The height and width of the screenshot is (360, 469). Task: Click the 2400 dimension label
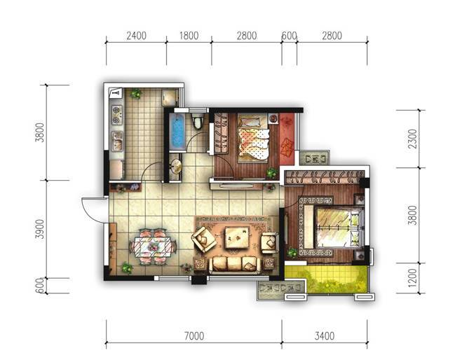click(x=137, y=36)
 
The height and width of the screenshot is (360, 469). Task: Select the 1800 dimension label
click(x=189, y=36)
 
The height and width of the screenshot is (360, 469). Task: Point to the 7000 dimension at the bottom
click(x=194, y=335)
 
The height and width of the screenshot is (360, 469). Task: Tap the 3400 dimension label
click(x=324, y=335)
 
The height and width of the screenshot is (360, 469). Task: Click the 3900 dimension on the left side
click(x=39, y=229)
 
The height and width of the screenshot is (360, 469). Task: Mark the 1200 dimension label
click(x=412, y=277)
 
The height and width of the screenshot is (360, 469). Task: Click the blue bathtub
click(x=177, y=132)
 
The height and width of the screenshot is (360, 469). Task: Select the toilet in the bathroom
click(x=197, y=122)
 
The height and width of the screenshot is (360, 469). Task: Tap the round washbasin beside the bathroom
click(x=177, y=167)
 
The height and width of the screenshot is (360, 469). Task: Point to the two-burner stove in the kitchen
click(x=116, y=115)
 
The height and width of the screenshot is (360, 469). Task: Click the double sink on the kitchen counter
click(x=117, y=141)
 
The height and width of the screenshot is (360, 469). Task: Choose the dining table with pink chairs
click(x=153, y=247)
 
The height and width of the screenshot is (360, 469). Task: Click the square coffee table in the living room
click(x=237, y=237)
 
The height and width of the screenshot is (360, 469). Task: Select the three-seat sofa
click(x=234, y=265)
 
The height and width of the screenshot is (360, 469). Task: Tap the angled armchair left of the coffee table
click(x=204, y=240)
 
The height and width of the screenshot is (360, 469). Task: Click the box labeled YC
click(x=314, y=158)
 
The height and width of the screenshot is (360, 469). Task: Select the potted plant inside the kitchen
click(x=135, y=94)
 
